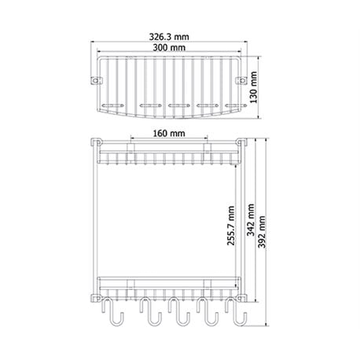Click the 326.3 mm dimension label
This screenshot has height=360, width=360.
(169, 37)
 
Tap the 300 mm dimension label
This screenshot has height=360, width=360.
(169, 48)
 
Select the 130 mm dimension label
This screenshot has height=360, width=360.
(254, 87)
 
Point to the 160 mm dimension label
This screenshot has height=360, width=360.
(169, 133)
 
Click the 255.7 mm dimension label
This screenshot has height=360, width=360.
(231, 226)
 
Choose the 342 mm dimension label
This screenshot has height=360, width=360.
(251, 220)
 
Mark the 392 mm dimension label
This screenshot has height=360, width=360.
(262, 232)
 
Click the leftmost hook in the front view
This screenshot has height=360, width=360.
(112, 312)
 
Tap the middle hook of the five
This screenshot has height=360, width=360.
(179, 312)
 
